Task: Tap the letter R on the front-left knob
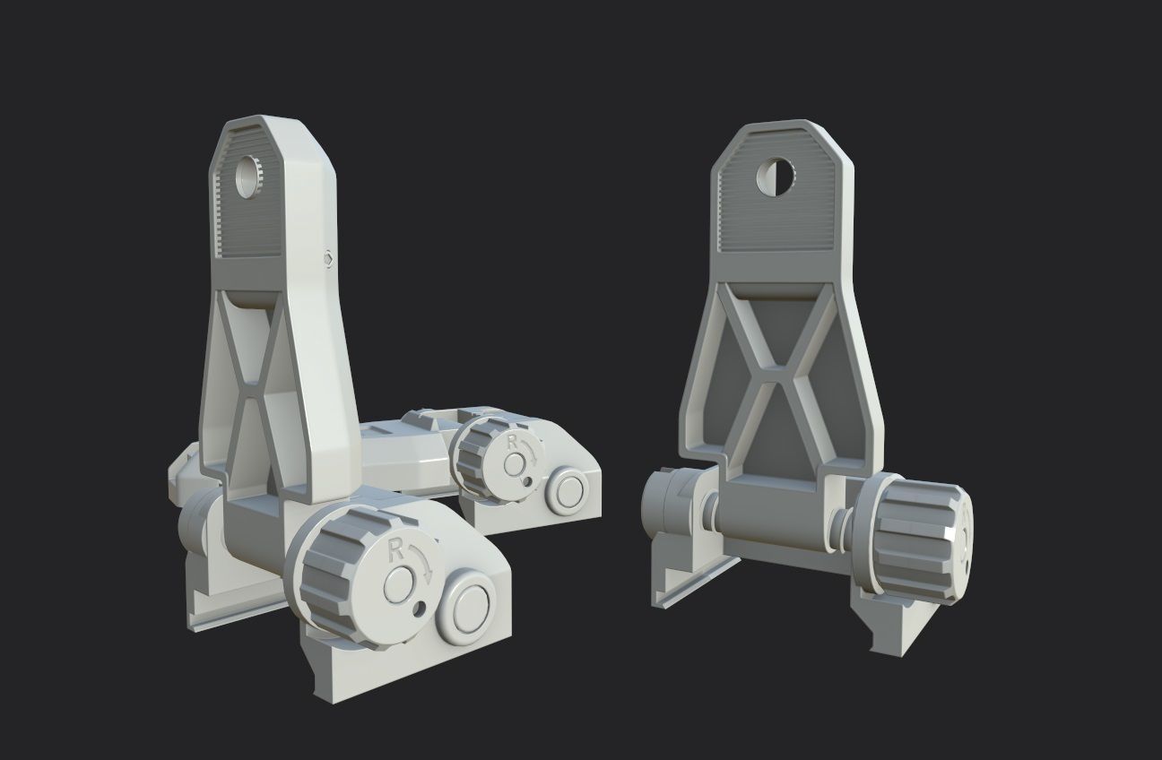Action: (392, 551)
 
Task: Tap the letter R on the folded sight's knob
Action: (512, 441)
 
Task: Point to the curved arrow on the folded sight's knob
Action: (533, 452)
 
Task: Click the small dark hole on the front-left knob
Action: (420, 610)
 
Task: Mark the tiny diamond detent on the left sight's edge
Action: (328, 260)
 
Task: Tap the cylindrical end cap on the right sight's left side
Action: (665, 508)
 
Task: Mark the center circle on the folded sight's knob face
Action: (515, 464)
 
